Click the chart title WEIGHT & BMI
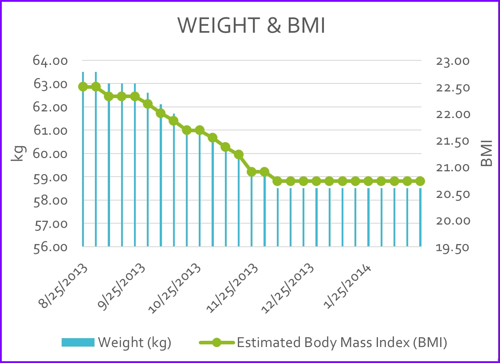point(252,26)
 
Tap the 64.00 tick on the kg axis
point(50,60)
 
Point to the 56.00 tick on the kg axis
point(50,247)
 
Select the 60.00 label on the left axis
point(50,154)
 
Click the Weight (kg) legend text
point(134,343)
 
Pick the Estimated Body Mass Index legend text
point(342,343)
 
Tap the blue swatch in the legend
point(78,343)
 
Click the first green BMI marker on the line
point(83,87)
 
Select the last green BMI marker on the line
point(420,181)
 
